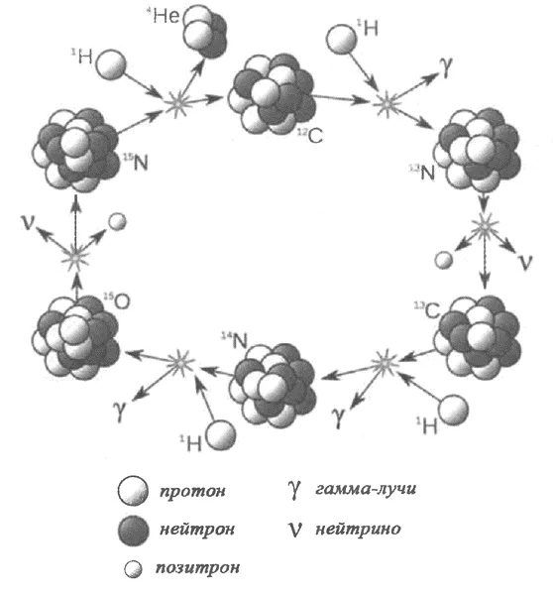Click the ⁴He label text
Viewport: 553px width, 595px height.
[163, 16]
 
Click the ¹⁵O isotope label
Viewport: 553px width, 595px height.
[117, 300]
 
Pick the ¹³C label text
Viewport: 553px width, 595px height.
[427, 310]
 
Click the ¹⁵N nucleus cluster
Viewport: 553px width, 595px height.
[76, 150]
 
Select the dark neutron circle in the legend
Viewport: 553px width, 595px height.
[133, 530]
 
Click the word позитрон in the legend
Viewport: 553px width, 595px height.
[197, 567]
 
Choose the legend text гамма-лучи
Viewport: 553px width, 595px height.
[366, 488]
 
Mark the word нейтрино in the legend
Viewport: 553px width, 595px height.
[358, 529]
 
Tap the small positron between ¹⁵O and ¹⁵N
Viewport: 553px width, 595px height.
[117, 221]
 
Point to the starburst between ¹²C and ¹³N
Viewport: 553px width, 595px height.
[387, 102]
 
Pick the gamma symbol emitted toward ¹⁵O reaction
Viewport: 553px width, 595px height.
[120, 411]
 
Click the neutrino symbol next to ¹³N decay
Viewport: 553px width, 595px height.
[525, 262]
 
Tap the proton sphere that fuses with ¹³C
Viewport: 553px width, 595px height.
[453, 410]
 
